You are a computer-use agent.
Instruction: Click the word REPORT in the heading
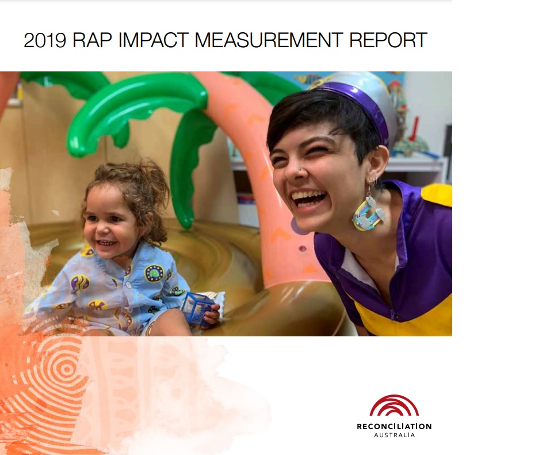[388, 40]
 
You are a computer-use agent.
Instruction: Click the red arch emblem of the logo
[394, 405]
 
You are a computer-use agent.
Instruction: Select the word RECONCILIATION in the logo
[394, 427]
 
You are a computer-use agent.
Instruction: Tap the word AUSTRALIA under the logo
[394, 435]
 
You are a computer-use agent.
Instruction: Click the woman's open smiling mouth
[310, 199]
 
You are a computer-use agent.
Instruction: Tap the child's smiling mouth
[106, 242]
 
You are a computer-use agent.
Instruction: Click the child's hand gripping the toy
[212, 314]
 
